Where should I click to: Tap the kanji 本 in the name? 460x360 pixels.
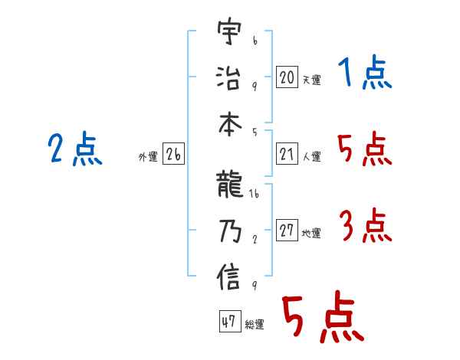tap(229, 121)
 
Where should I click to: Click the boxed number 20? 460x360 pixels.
tap(287, 77)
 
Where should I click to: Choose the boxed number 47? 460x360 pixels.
tap(228, 322)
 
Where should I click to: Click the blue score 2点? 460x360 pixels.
tap(75, 149)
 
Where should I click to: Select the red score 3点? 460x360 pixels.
tap(365, 227)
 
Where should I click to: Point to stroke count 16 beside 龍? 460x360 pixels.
tap(255, 195)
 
